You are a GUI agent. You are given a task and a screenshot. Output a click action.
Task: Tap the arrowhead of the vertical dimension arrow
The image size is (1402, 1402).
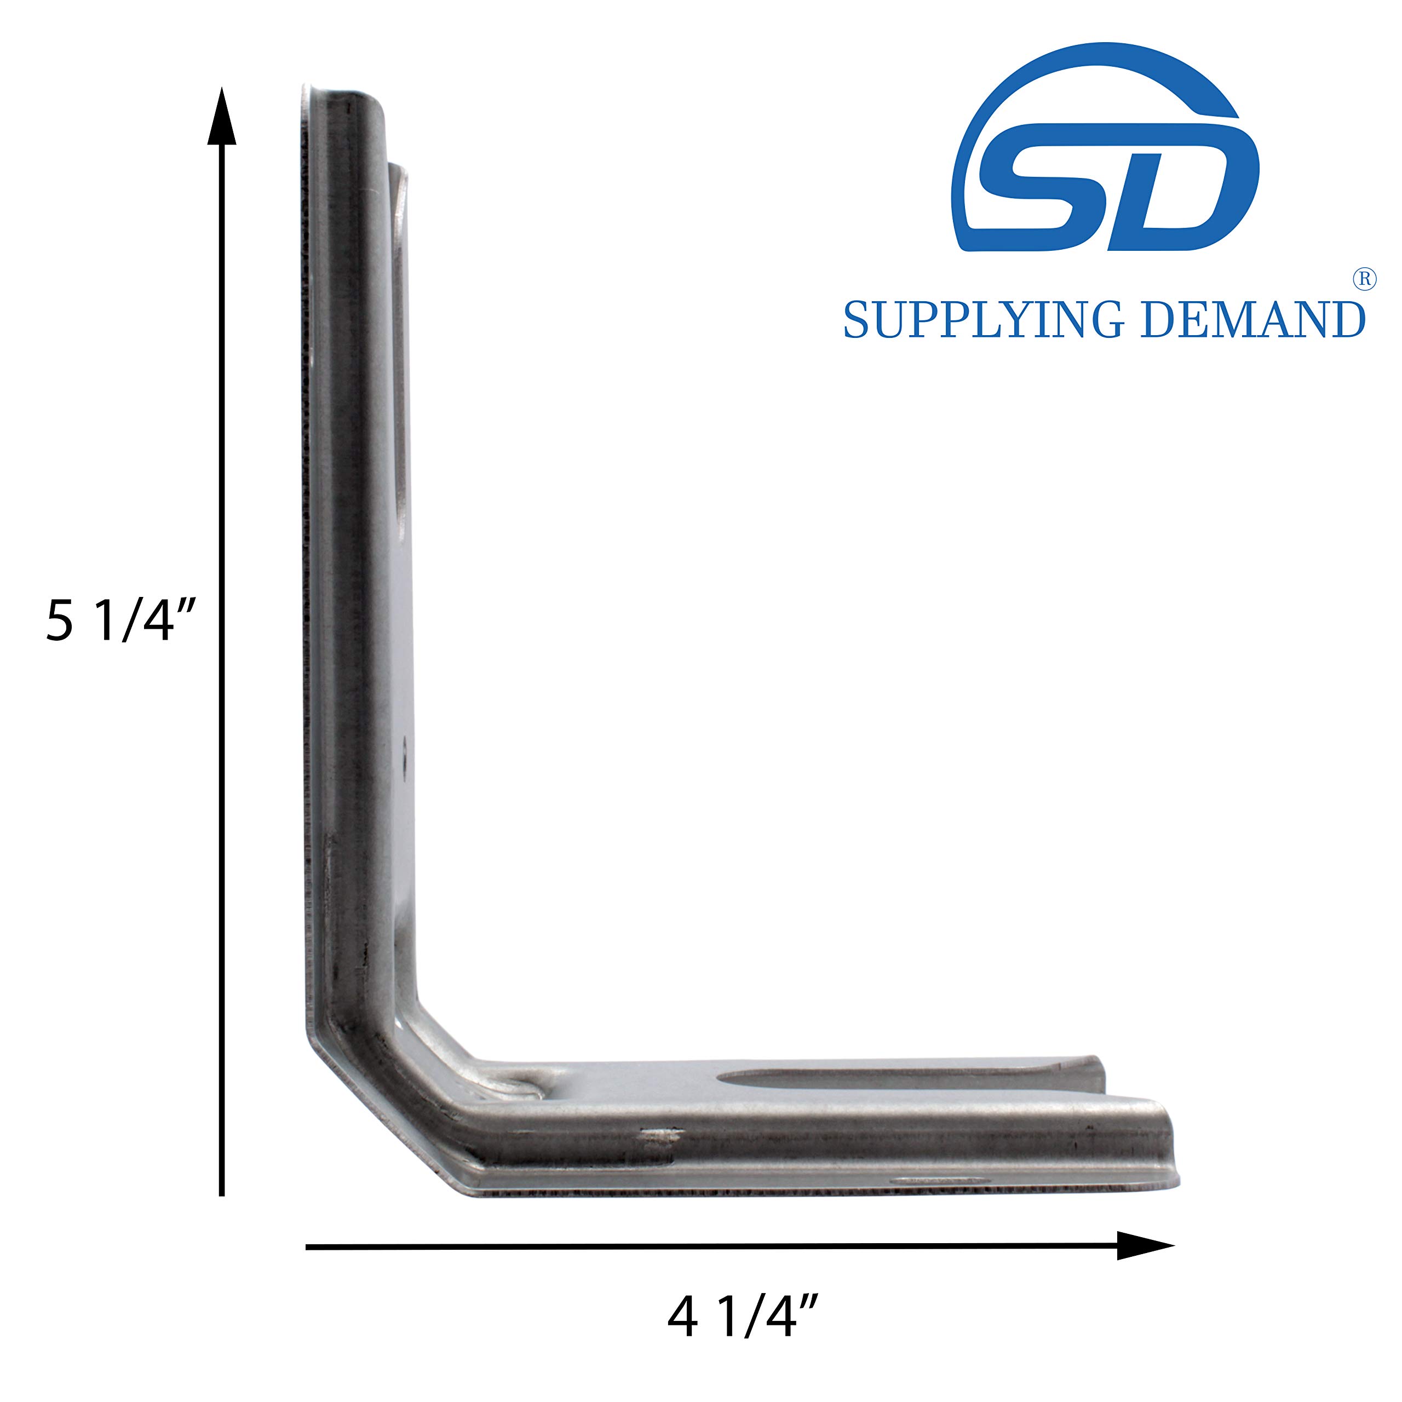[x=222, y=116]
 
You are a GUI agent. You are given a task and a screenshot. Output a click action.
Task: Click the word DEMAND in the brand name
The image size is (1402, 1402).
[x=1253, y=320]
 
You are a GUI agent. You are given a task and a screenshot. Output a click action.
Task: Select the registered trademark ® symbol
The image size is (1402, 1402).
[x=1364, y=280]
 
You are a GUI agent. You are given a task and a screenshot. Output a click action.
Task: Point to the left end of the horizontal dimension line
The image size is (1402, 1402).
[x=309, y=1246]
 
